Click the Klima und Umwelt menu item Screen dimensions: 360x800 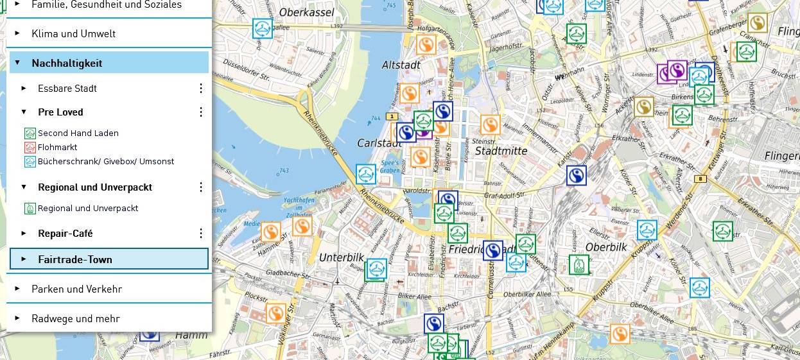pyautogui.click(x=73, y=33)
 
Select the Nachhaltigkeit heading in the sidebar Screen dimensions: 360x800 pyautogui.click(x=67, y=63)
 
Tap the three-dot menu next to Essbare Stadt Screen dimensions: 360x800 pyautogui.click(x=200, y=88)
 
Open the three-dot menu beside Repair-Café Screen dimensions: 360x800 pyautogui.click(x=200, y=234)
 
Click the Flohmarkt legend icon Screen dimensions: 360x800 pyautogui.click(x=30, y=148)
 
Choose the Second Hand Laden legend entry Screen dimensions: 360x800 pyautogui.click(x=78, y=133)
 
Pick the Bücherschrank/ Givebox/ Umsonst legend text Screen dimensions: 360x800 pyautogui.click(x=106, y=162)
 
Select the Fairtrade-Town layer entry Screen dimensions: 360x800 pyautogui.click(x=75, y=259)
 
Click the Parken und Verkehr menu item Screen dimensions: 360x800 pyautogui.click(x=76, y=289)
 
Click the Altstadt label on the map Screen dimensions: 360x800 pyautogui.click(x=401, y=65)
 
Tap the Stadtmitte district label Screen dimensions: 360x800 pyautogui.click(x=501, y=151)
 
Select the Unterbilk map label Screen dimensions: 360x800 pyautogui.click(x=341, y=257)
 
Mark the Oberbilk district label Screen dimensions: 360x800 pyautogui.click(x=605, y=247)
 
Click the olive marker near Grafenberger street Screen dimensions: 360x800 pyautogui.click(x=758, y=23)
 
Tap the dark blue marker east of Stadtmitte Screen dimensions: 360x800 pyautogui.click(x=577, y=175)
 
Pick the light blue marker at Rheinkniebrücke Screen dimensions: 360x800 pyautogui.click(x=366, y=174)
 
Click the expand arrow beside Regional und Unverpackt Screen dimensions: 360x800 pyautogui.click(x=24, y=187)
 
